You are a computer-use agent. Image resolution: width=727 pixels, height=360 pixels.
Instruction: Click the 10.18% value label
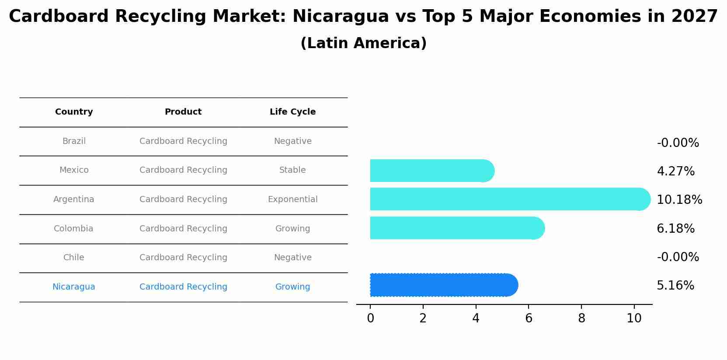tap(679, 200)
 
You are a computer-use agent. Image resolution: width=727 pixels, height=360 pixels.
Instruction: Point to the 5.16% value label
tap(675, 286)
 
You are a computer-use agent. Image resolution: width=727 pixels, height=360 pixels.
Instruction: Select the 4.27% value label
tap(675, 171)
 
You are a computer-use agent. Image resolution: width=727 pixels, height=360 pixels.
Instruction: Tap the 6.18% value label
tap(675, 229)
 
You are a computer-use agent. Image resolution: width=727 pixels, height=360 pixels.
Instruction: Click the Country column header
tap(74, 112)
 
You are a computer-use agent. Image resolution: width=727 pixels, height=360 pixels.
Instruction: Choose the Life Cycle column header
tap(292, 112)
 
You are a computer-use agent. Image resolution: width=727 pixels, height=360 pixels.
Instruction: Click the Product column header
tap(183, 112)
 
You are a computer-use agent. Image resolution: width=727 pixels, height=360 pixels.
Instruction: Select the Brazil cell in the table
tap(74, 141)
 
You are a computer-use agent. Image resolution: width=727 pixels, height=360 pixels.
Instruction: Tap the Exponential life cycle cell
tap(292, 199)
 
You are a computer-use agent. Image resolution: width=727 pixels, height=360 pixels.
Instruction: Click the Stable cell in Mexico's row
tap(292, 170)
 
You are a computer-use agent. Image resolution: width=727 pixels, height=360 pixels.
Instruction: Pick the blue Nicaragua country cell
tap(74, 287)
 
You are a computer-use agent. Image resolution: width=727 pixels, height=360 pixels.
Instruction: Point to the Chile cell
tap(74, 258)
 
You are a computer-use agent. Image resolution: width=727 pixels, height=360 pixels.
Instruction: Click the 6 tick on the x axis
tap(529, 318)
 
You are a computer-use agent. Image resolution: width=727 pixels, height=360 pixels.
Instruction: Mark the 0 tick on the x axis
tap(370, 318)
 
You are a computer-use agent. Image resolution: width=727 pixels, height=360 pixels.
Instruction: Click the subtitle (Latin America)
tap(363, 43)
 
